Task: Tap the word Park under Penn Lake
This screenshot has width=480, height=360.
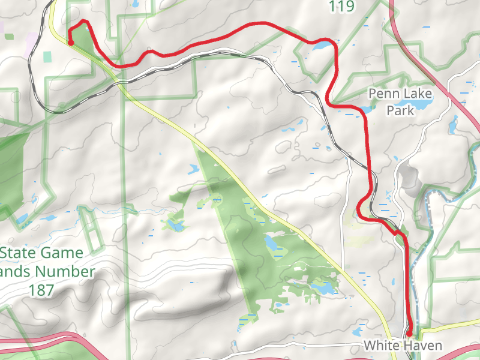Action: pyautogui.click(x=400, y=110)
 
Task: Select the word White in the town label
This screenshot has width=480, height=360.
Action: pyautogui.click(x=381, y=346)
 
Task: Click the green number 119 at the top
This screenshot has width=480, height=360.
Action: pyautogui.click(x=341, y=7)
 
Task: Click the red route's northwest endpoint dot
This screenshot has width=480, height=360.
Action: pyautogui.click(x=70, y=43)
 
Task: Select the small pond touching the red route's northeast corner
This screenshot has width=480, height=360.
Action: pyautogui.click(x=320, y=45)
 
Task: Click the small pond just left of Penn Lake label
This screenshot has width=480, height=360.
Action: pyautogui.click(x=365, y=109)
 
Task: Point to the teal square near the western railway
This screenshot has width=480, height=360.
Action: pyautogui.click(x=47, y=56)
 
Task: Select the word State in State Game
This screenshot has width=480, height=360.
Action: pyautogui.click(x=19, y=253)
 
